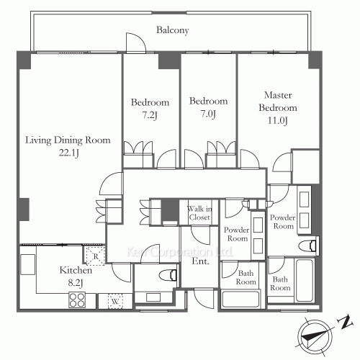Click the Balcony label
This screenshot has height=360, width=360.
173,30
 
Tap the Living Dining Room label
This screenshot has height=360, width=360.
68,140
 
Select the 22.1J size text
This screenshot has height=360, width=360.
68,153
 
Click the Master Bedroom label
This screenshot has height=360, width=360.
276,102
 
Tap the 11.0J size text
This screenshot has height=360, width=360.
276,121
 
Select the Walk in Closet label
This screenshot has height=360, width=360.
199,213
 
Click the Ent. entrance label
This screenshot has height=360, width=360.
201,261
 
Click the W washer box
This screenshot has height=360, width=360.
114,302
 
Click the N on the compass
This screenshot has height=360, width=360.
345,320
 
